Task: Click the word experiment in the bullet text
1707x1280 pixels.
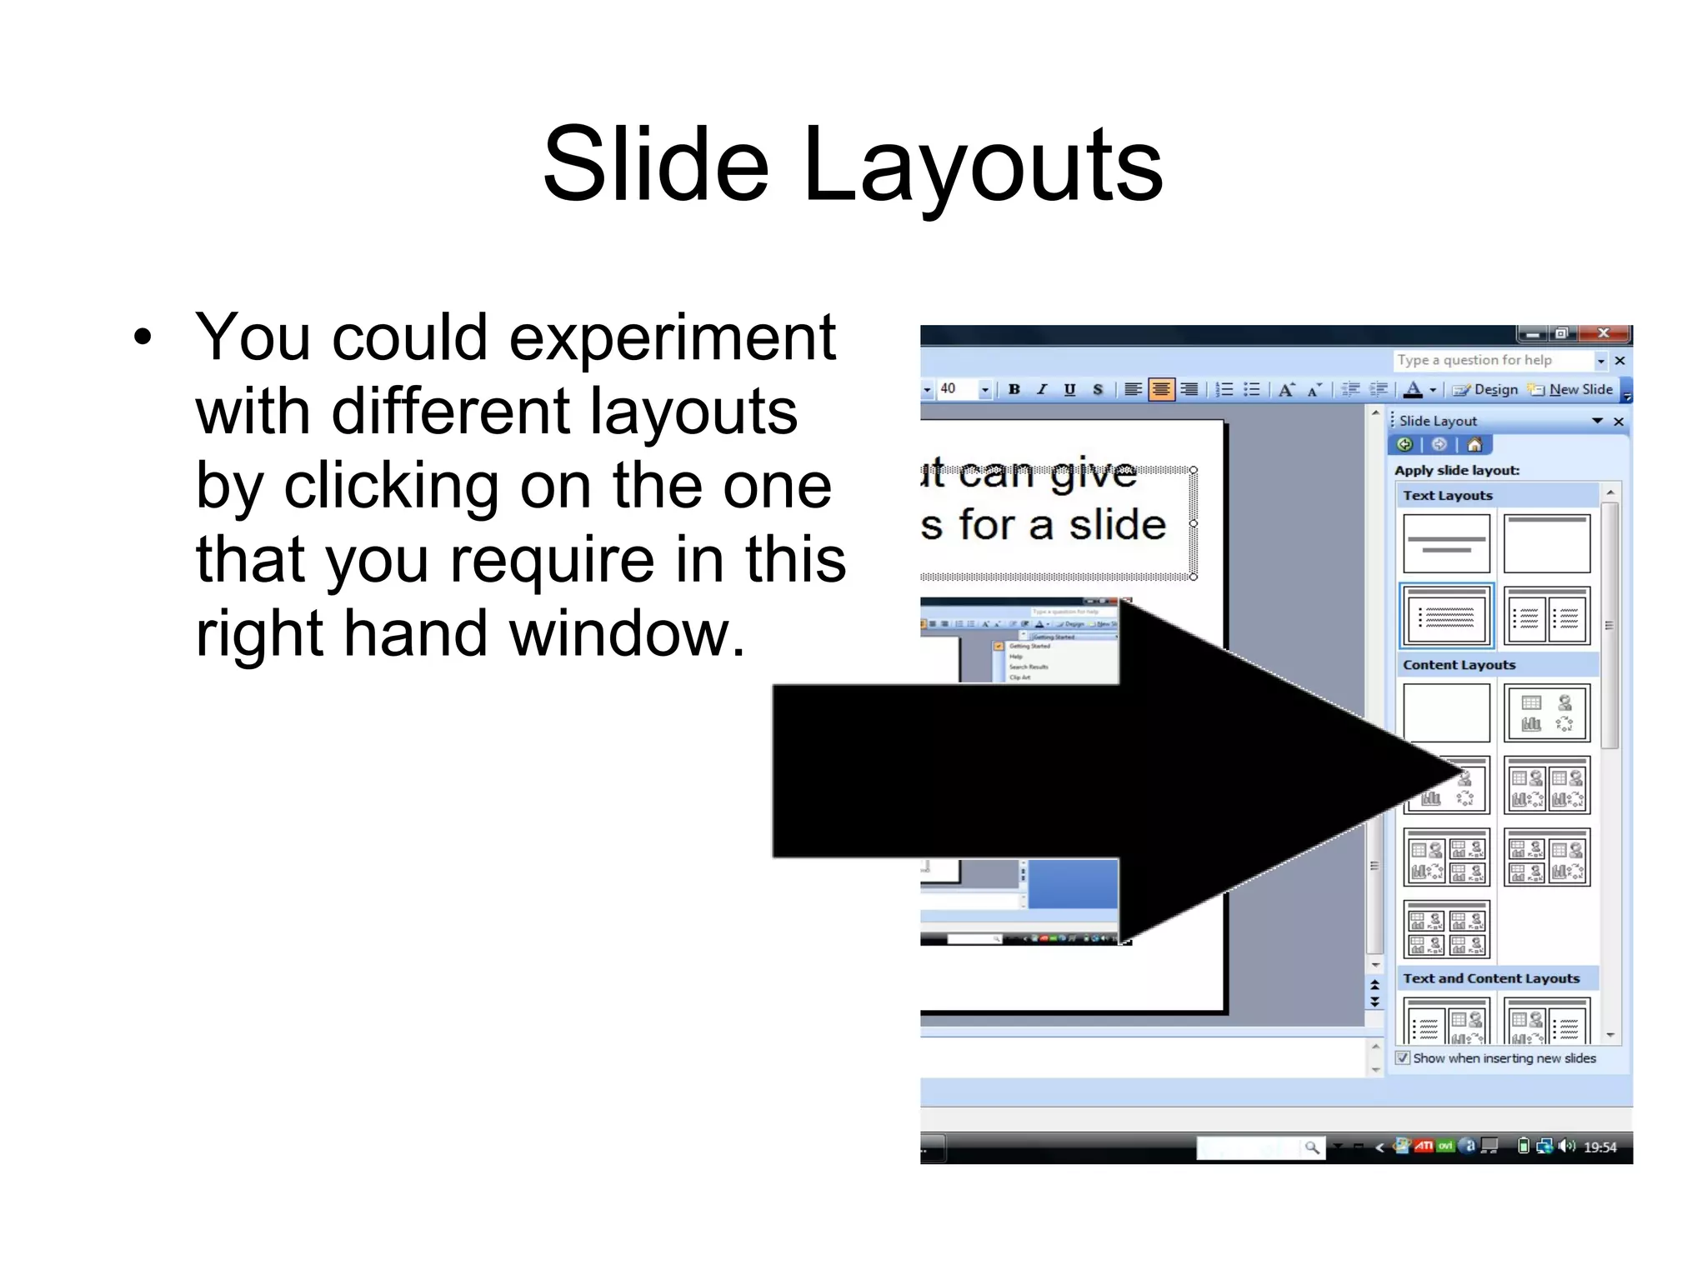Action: pos(672,337)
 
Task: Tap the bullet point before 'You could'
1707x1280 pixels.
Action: pos(143,337)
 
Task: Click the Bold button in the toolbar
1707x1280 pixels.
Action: pos(1014,389)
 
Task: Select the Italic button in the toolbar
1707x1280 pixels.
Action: pos(1042,389)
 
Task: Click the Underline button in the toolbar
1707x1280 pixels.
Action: pos(1069,389)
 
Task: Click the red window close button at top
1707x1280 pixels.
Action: pos(1603,333)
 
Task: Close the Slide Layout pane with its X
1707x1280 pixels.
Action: pos(1619,422)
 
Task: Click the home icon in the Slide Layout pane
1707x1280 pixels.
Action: pos(1474,444)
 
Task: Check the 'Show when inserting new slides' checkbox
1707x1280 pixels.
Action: pos(1403,1057)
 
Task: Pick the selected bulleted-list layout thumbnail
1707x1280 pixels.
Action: pos(1446,617)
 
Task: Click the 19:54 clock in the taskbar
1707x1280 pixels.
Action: pos(1599,1147)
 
